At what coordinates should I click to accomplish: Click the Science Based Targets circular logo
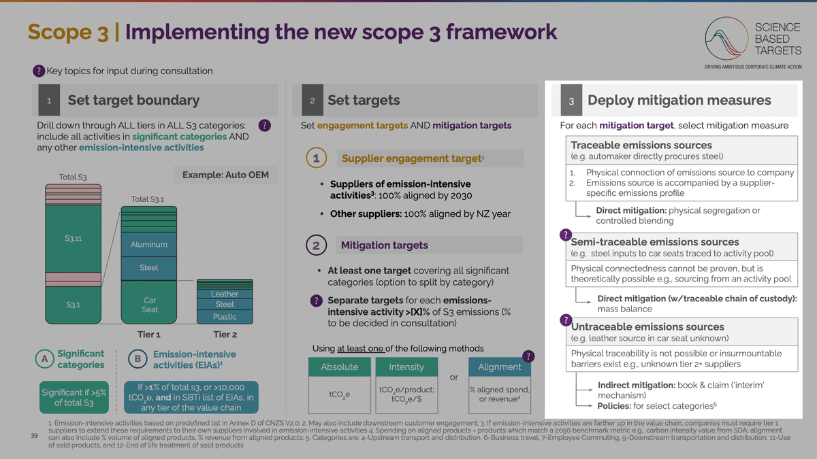pos(726,38)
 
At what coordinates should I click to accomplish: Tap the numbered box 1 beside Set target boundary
pos(49,100)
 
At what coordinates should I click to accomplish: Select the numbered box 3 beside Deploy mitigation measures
pos(571,100)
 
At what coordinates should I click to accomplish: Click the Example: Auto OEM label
pos(225,175)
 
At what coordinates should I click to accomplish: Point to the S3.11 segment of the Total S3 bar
pos(74,239)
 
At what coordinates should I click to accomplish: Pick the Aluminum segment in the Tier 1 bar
pos(149,244)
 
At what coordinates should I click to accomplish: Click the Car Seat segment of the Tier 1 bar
pos(149,303)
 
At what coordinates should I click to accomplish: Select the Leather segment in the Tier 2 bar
pos(225,294)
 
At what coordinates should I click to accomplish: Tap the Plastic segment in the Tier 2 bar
pos(225,317)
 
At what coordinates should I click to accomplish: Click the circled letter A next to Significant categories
pos(44,359)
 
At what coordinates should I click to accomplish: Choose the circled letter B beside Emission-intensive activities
pos(138,359)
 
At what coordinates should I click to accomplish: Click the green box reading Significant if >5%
pos(74,397)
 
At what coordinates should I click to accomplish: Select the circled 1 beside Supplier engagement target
pos(316,158)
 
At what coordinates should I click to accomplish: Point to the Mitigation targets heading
pos(385,245)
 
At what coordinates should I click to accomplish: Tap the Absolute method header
pos(340,367)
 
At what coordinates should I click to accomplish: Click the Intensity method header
pos(406,367)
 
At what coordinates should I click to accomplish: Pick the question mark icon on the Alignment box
pos(528,356)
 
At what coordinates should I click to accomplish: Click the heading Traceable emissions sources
pos(641,145)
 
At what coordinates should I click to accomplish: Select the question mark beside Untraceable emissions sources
pos(566,320)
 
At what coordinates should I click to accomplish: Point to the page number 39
pos(34,436)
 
